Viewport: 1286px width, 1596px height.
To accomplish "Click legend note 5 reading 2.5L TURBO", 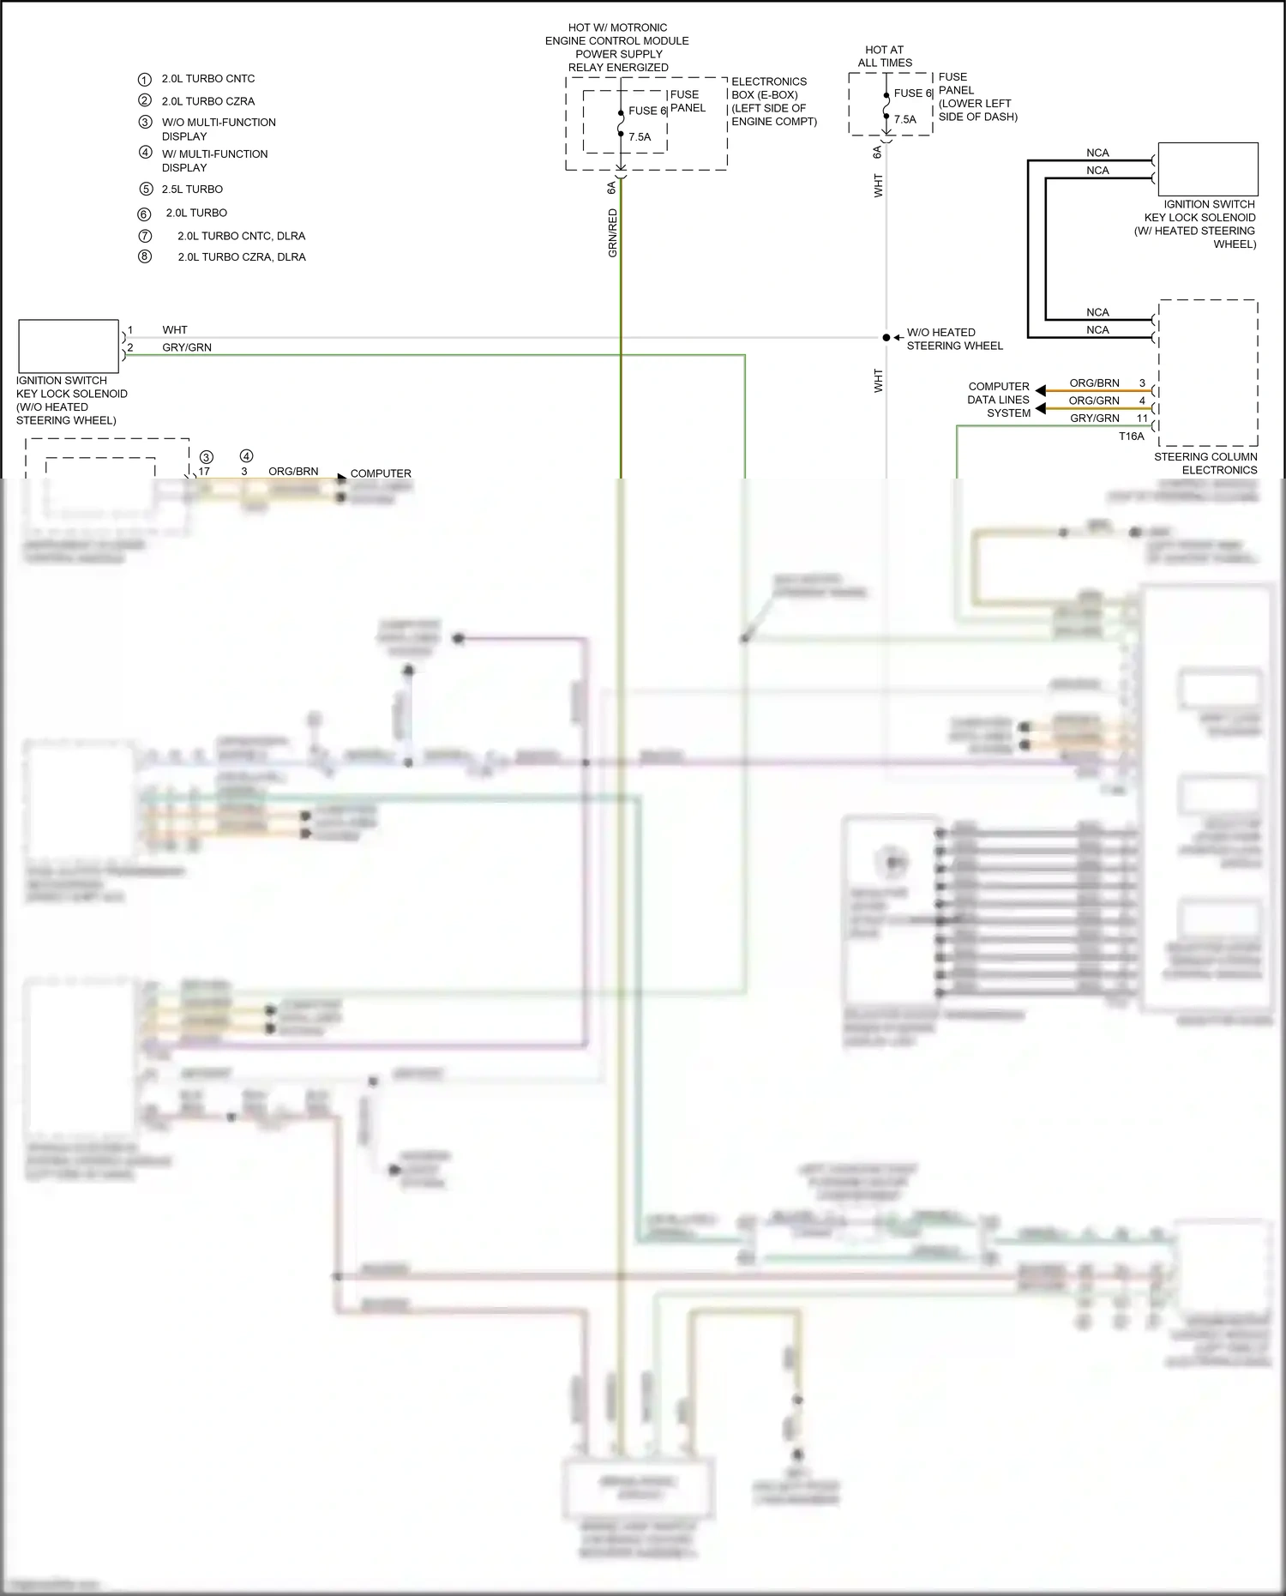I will [192, 190].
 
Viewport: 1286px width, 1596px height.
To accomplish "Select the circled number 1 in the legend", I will [145, 79].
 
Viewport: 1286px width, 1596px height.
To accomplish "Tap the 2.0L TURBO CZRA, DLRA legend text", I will [241, 257].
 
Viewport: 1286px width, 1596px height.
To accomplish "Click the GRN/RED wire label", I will [612, 233].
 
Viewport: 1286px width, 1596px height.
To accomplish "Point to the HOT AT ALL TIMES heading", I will [885, 57].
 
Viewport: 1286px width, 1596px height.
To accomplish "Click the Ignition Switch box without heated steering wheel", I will [69, 346].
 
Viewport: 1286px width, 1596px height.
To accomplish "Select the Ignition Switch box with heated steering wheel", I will [1207, 170].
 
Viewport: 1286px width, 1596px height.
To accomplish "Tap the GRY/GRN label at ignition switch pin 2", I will [187, 348].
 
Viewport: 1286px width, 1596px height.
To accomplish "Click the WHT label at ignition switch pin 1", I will [175, 330].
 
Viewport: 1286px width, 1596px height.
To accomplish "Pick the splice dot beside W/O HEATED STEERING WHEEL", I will [886, 338].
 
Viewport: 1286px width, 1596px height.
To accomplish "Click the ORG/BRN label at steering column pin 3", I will [1094, 383].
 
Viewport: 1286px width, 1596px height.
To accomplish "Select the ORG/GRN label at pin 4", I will [1094, 401].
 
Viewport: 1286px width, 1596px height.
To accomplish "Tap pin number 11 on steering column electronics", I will [1142, 419].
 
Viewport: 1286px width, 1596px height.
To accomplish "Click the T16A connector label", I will [1131, 437].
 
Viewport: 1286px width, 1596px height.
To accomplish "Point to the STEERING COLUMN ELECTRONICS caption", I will [1205, 463].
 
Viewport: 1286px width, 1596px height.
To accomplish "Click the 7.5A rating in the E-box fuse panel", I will [640, 137].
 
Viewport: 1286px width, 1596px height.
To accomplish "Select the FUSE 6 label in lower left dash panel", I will [912, 93].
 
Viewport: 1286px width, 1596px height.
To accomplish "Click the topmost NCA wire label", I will [1097, 154].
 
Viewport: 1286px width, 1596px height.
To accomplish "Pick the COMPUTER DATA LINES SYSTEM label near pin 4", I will [999, 400].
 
